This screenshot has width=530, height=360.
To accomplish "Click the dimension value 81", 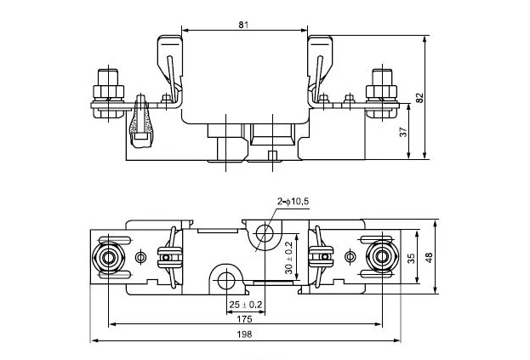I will (x=242, y=25).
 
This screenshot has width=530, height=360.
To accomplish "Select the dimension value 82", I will (x=419, y=97).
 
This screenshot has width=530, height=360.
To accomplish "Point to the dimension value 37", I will (x=403, y=132).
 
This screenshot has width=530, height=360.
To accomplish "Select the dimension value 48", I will (x=430, y=258).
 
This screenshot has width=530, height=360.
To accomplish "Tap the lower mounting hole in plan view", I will (x=225, y=277).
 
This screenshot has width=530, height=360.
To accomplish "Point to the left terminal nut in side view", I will (x=107, y=85).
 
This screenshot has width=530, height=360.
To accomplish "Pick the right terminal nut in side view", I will (x=378, y=85).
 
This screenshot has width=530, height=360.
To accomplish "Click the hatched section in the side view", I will (x=140, y=128).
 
